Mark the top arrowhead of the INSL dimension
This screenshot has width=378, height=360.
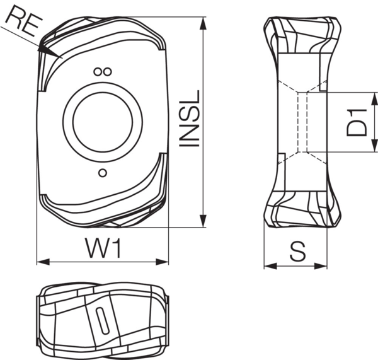(x=203, y=23)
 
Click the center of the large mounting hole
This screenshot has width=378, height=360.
(x=102, y=120)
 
